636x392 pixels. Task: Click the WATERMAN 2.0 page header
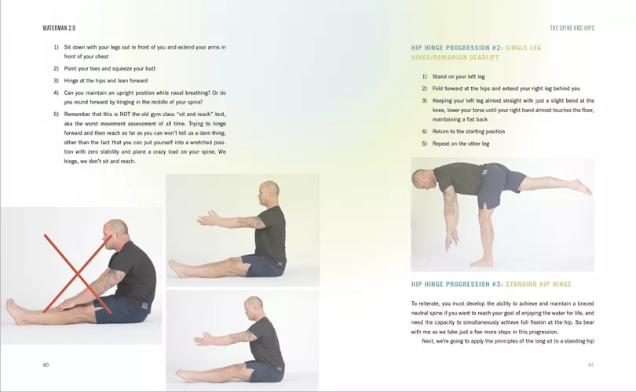[59, 28]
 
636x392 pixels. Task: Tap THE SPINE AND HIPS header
[572, 28]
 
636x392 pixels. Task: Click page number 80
[46, 365]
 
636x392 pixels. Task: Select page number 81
[591, 365]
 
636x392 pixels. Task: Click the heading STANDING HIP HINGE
[539, 285]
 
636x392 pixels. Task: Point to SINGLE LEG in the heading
[523, 48]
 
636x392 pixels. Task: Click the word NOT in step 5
[125, 114]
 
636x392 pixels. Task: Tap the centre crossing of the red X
[77, 275]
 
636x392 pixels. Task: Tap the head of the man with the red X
[115, 231]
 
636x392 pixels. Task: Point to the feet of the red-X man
[14, 311]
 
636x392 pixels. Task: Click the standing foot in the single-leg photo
[482, 263]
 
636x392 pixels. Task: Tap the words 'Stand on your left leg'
[459, 77]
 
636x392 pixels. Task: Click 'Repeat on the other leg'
[461, 143]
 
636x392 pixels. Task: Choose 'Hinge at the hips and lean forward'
[106, 81]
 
